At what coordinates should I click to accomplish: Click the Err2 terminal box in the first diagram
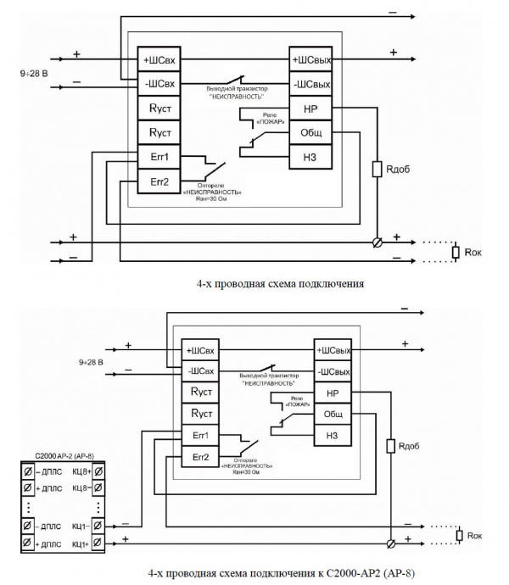(160, 181)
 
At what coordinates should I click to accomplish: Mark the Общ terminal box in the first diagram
(309, 133)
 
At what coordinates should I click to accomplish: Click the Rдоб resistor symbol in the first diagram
(378, 170)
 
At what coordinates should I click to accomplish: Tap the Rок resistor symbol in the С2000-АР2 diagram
(459, 534)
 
